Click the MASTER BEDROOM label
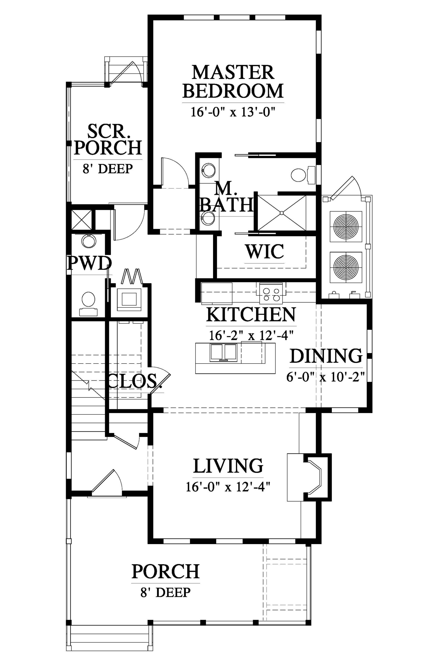[x=232, y=82]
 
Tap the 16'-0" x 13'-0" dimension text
[x=232, y=112]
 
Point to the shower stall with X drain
[x=282, y=213]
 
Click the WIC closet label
[x=264, y=252]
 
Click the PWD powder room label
[x=89, y=264]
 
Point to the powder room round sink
[x=89, y=240]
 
